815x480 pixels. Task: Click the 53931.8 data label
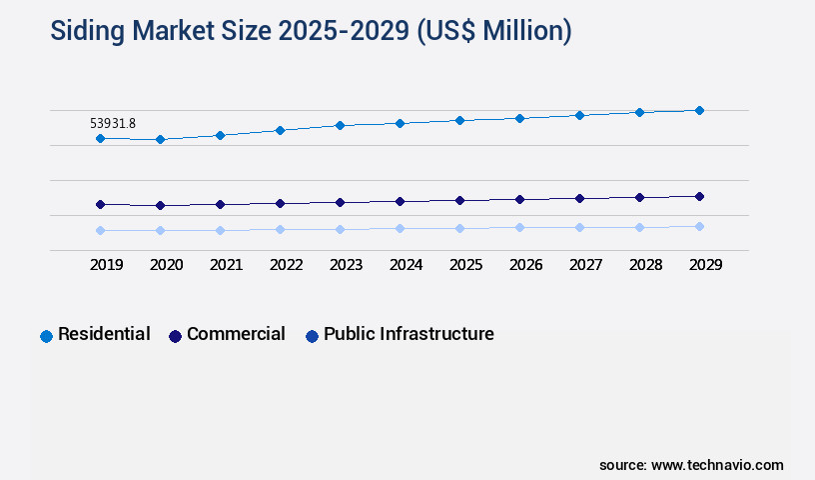(112, 123)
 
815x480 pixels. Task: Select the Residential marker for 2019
(100, 138)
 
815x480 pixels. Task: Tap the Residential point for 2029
(699, 110)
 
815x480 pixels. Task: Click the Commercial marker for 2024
(400, 201)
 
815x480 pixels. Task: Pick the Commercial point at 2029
(699, 196)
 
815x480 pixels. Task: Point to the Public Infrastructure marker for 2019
(100, 230)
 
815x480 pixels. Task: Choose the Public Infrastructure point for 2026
(519, 227)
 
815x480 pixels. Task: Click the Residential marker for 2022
(280, 130)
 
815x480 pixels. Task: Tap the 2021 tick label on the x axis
(226, 265)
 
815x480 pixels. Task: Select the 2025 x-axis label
(465, 265)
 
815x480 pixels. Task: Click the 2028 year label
(645, 265)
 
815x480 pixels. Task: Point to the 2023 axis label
(346, 265)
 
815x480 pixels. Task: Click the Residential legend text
(104, 334)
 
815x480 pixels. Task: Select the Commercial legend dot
(175, 336)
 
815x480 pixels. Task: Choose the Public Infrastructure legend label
(408, 334)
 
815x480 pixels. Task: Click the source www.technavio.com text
(691, 465)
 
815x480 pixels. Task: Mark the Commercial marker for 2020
(160, 205)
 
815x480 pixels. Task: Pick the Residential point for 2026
(519, 118)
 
